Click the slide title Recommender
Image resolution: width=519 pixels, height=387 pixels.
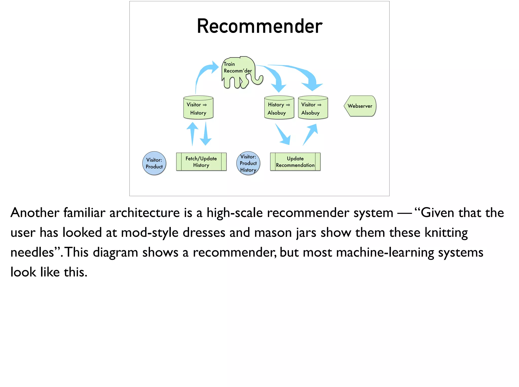[x=259, y=26]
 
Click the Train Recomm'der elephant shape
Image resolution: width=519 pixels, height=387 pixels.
[x=238, y=72]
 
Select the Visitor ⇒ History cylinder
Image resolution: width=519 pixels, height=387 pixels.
[x=198, y=108]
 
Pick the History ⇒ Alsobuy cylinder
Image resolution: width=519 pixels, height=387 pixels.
[x=279, y=108]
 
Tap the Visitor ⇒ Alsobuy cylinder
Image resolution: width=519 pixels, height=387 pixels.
[x=313, y=108]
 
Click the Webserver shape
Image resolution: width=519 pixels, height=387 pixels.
[x=360, y=106]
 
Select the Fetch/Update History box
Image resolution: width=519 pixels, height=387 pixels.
[x=201, y=162]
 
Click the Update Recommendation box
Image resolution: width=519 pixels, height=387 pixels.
[x=295, y=162]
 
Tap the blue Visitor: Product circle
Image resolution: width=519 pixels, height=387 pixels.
[x=154, y=163]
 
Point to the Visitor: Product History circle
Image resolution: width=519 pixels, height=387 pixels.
[x=248, y=163]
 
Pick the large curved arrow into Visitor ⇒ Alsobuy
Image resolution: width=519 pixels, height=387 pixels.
[x=304, y=73]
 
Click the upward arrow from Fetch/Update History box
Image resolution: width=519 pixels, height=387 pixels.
[x=193, y=133]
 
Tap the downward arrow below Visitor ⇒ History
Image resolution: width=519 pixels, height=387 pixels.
[x=206, y=134]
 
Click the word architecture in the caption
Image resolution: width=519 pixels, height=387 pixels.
[x=144, y=213]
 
